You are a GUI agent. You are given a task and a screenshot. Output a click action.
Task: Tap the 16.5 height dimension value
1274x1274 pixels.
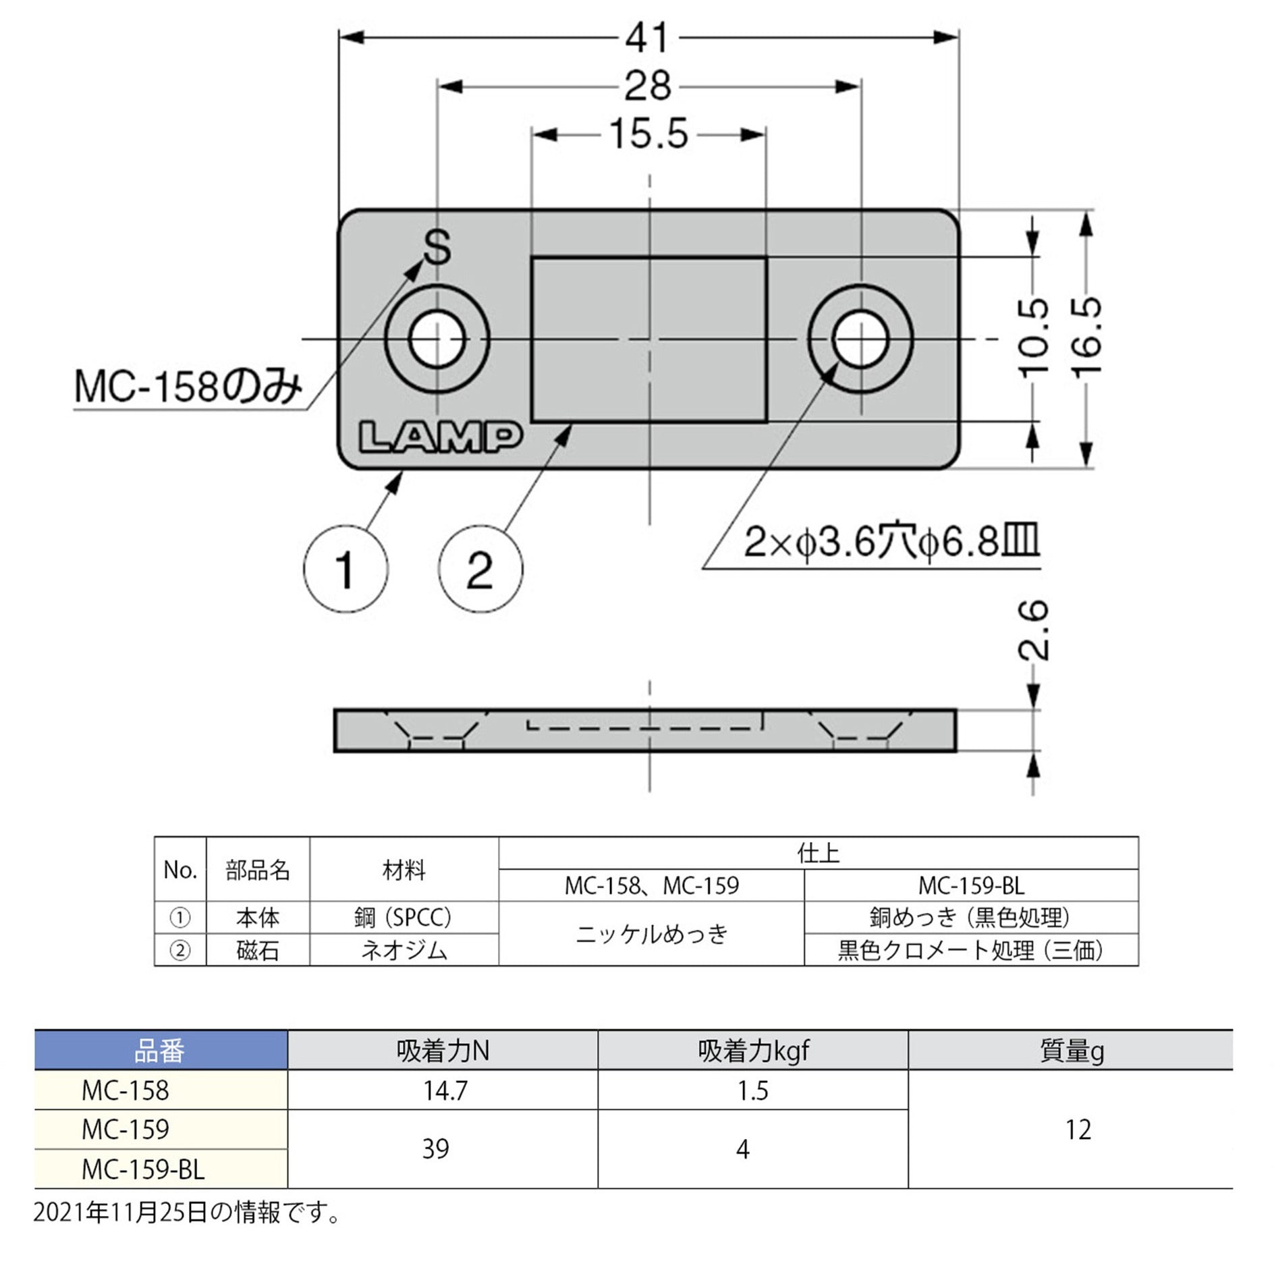(x=1087, y=337)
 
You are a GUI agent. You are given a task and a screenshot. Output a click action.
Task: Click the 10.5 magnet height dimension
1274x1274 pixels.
(x=1033, y=337)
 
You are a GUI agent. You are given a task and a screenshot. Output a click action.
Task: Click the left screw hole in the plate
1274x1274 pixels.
(x=437, y=339)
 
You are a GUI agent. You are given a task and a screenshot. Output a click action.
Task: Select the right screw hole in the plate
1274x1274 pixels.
(x=860, y=339)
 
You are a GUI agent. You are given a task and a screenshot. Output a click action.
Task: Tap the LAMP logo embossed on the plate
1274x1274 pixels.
(x=440, y=437)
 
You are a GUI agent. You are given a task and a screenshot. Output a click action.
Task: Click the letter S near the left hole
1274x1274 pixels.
(x=437, y=247)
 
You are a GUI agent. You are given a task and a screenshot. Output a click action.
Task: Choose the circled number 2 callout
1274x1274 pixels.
(x=480, y=570)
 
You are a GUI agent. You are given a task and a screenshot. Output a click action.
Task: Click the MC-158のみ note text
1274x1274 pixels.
(x=188, y=389)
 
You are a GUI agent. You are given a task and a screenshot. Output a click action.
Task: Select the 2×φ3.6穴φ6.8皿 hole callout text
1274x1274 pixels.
(x=891, y=542)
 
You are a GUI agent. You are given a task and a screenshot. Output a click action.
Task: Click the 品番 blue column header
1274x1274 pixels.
(x=160, y=1051)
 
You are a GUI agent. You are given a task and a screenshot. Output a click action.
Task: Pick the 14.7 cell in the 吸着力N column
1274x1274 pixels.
(x=444, y=1090)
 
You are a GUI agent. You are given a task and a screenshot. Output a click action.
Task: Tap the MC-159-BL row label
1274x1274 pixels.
(x=142, y=1169)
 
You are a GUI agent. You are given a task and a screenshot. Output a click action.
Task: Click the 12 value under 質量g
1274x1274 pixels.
(x=1078, y=1130)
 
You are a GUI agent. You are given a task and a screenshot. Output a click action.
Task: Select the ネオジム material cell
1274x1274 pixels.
(x=404, y=950)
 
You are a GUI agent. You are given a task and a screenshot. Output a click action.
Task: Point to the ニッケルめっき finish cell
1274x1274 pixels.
(x=651, y=934)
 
